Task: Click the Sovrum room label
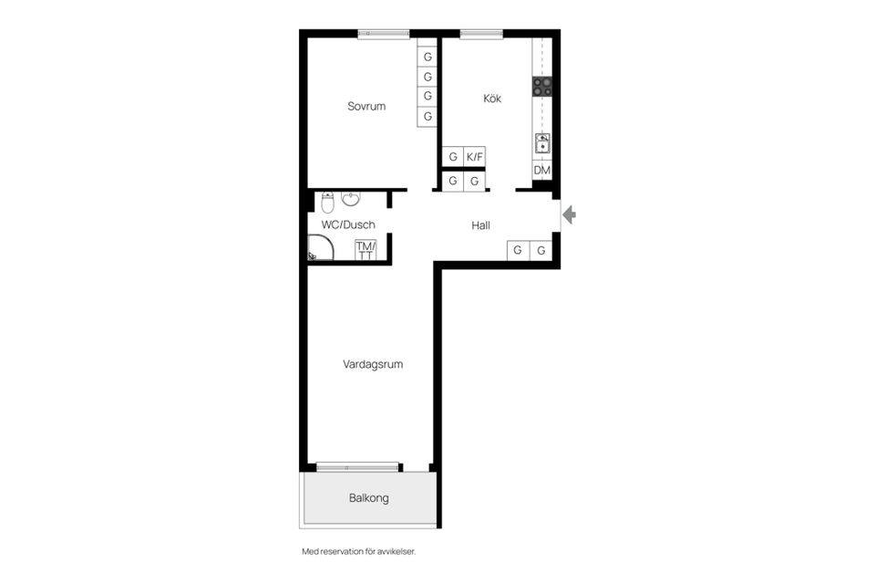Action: click(x=366, y=106)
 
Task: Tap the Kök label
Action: click(x=492, y=99)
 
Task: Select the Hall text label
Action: click(x=480, y=225)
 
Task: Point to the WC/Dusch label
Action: click(x=348, y=224)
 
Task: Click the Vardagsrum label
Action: click(x=373, y=364)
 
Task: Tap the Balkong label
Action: click(x=369, y=498)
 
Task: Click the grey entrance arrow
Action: click(x=569, y=214)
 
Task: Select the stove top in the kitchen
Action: click(x=541, y=87)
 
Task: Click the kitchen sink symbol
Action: click(x=542, y=143)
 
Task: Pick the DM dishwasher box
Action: click(x=541, y=170)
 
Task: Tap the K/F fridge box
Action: click(x=474, y=157)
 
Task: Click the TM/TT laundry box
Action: click(x=365, y=250)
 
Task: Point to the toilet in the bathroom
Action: click(x=327, y=203)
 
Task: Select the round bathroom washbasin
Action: click(x=351, y=198)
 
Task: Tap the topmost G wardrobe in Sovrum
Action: click(x=427, y=57)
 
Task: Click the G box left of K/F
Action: click(x=453, y=157)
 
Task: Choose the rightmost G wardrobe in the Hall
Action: click(x=540, y=250)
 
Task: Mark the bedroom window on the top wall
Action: click(x=384, y=34)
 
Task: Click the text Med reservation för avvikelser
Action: click(x=359, y=551)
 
